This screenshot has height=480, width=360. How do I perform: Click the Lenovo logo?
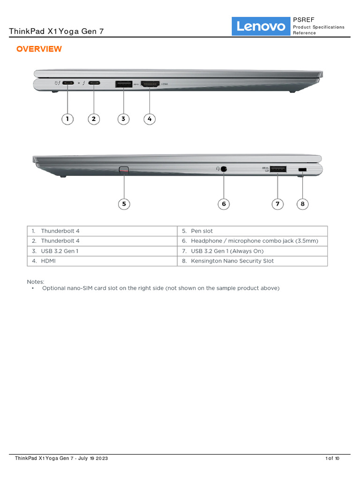(261, 27)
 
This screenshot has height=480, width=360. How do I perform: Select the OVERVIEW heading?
(39, 49)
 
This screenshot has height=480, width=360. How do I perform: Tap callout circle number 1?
(67, 119)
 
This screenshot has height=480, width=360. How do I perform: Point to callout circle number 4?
(150, 119)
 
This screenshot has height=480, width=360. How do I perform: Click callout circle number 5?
(124, 204)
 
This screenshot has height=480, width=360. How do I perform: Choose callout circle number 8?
(303, 204)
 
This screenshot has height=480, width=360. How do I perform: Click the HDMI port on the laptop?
(150, 84)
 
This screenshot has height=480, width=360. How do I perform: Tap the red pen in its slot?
(124, 169)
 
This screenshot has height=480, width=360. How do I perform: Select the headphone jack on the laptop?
(224, 168)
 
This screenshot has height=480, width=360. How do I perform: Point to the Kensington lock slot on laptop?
(302, 169)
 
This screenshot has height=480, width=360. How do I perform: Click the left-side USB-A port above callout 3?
(124, 84)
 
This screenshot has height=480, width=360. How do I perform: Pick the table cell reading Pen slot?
(202, 231)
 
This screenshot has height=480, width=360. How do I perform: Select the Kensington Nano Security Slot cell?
(232, 261)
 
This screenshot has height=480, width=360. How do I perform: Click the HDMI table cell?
(48, 261)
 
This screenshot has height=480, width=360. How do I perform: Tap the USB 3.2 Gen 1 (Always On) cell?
(227, 251)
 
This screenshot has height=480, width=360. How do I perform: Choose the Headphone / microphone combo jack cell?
(254, 241)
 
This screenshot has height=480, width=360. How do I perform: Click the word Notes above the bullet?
(35, 282)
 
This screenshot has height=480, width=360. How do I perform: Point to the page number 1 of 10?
(332, 458)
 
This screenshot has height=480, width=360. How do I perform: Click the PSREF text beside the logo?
(300, 20)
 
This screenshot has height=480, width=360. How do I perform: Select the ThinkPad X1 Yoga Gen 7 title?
(56, 31)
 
